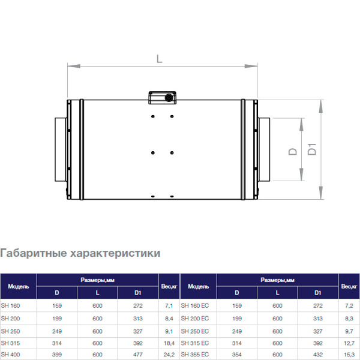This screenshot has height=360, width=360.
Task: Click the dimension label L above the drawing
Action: point(159,58)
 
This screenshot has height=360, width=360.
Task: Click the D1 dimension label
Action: point(312,149)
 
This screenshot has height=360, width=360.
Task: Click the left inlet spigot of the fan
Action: point(60,149)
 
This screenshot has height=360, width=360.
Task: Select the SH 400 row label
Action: point(11,355)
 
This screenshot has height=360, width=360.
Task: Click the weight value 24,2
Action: point(169,355)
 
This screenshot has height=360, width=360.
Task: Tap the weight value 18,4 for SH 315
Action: point(169,343)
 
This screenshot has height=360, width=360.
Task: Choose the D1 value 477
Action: point(137,355)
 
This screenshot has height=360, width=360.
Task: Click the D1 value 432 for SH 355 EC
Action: point(317,355)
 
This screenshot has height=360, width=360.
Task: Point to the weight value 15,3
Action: point(348,355)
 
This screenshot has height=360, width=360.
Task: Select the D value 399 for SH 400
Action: point(57,355)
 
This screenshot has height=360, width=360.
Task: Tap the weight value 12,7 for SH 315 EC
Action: point(348,343)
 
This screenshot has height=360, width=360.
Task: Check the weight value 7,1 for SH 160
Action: point(169,305)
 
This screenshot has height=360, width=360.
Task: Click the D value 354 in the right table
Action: point(237,355)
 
